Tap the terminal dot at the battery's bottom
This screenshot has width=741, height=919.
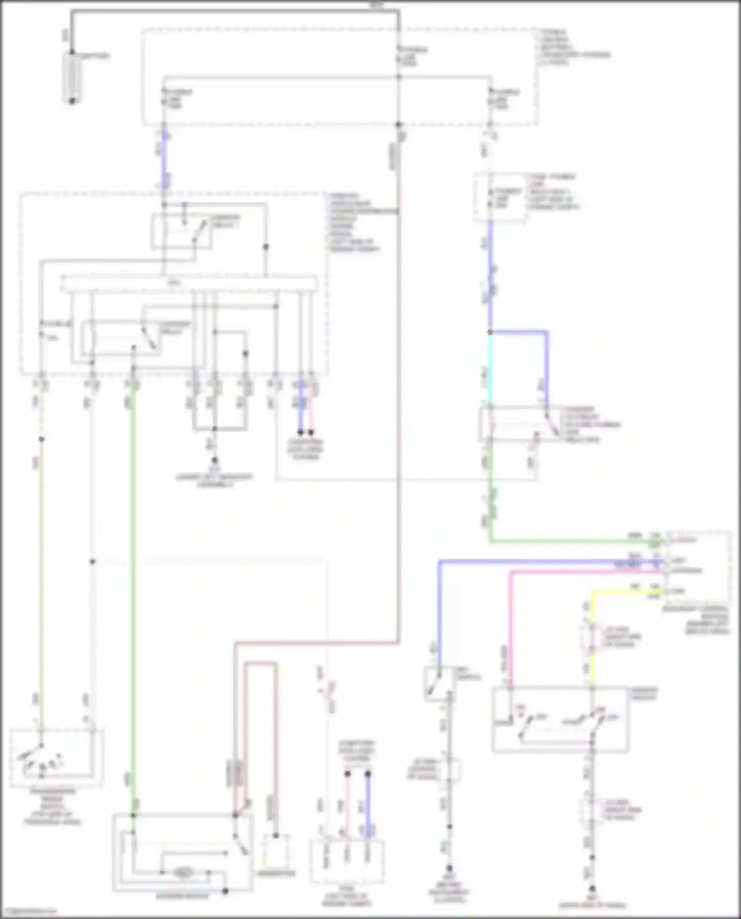(x=72, y=101)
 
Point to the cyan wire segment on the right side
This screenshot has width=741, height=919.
(x=490, y=368)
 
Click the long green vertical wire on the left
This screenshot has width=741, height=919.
(x=132, y=593)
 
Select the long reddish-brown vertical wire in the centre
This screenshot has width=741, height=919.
(x=398, y=395)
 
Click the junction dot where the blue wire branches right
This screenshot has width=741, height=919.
(x=490, y=332)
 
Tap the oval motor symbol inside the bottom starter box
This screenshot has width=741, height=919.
(x=183, y=873)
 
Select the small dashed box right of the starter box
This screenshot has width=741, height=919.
(x=276, y=851)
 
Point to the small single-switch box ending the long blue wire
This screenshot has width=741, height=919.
(x=438, y=684)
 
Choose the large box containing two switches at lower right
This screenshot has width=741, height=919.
(x=560, y=719)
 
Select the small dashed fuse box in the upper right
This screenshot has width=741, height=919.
(x=499, y=198)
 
